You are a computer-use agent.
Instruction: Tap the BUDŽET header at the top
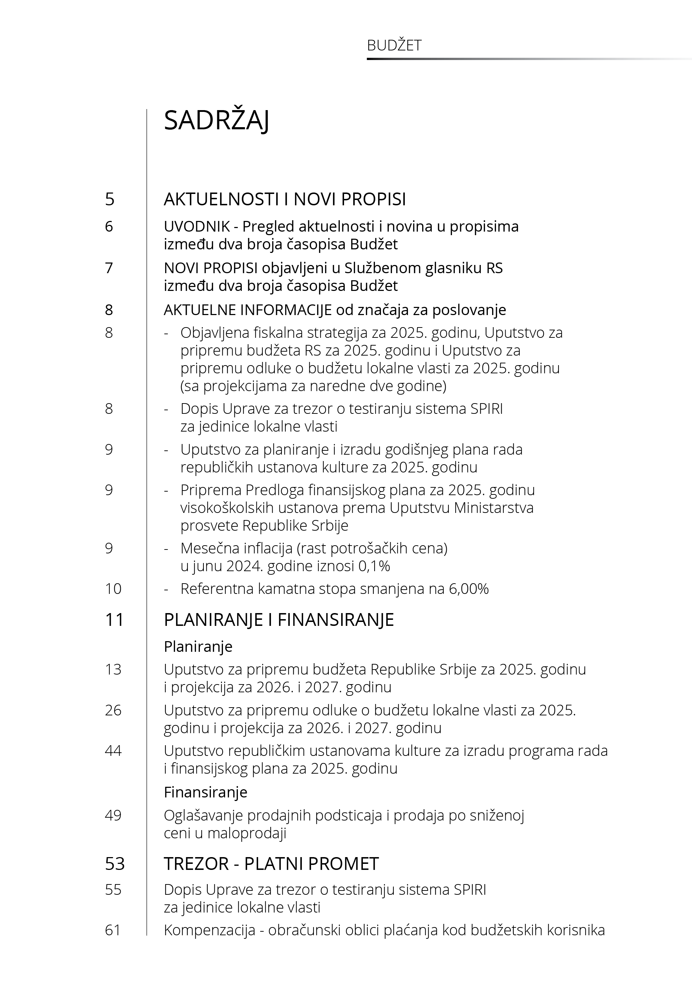pyautogui.click(x=394, y=45)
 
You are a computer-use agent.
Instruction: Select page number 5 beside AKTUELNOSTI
pyautogui.click(x=110, y=199)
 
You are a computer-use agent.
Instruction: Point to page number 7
pyautogui.click(x=109, y=268)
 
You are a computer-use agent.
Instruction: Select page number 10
pyautogui.click(x=113, y=589)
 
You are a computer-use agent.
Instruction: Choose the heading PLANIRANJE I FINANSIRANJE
pyautogui.click(x=279, y=620)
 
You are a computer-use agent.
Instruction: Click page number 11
pyautogui.click(x=114, y=620)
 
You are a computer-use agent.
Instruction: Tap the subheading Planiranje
pyautogui.click(x=198, y=646)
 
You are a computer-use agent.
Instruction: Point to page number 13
pyautogui.click(x=113, y=670)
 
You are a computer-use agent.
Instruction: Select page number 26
pyautogui.click(x=113, y=710)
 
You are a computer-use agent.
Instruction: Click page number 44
pyautogui.click(x=113, y=751)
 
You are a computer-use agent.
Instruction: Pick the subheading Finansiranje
pyautogui.click(x=206, y=792)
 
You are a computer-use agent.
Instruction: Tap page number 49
pyautogui.click(x=113, y=815)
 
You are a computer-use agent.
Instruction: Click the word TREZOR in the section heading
pyautogui.click(x=196, y=864)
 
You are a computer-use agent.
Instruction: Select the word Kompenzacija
pyautogui.click(x=209, y=930)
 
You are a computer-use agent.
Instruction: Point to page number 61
pyautogui.click(x=113, y=930)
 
